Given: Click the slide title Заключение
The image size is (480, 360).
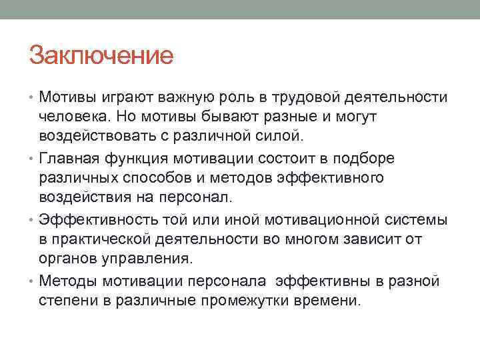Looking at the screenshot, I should point(101,56).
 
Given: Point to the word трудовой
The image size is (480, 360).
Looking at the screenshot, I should point(305,99).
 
